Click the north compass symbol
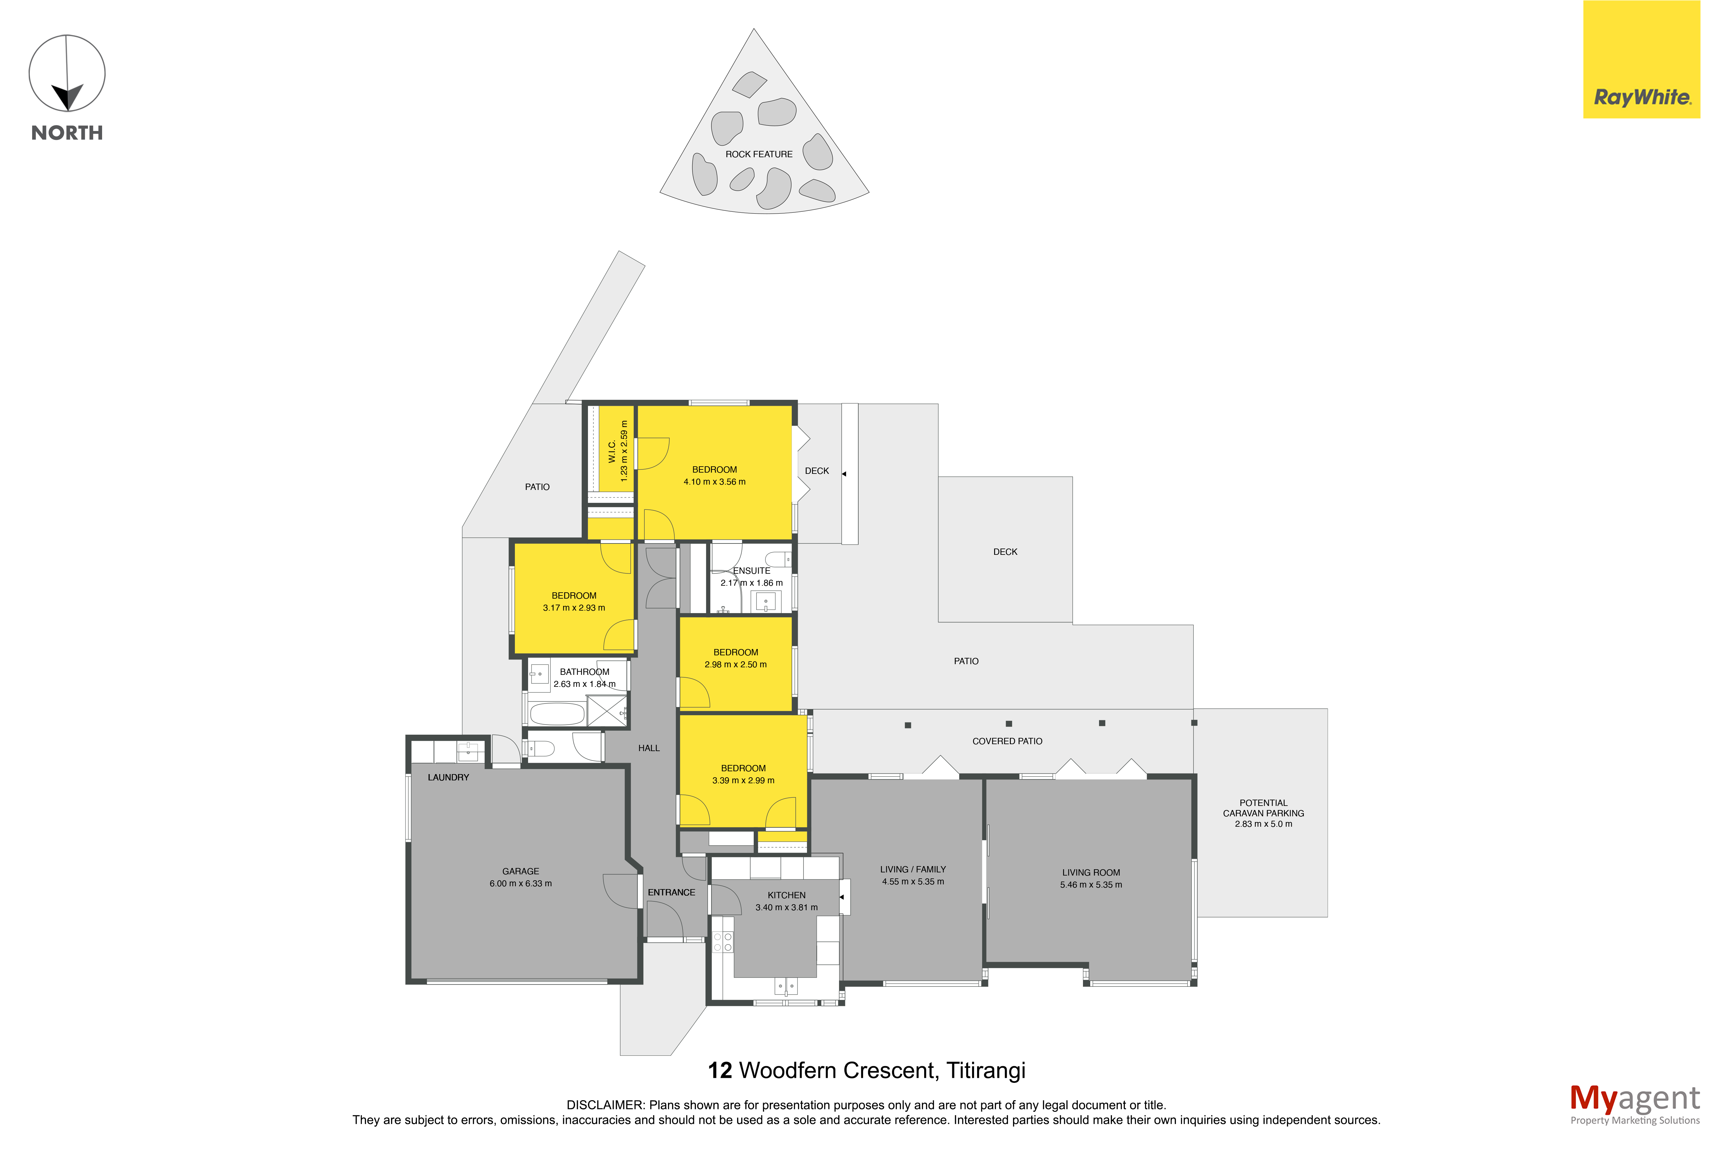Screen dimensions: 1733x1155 click(67, 74)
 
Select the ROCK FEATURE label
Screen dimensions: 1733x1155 click(759, 154)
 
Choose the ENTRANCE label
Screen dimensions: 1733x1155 click(671, 892)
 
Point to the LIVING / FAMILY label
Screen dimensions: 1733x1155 click(913, 869)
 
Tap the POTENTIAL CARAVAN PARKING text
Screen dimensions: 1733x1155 click(1263, 808)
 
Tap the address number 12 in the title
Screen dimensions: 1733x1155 click(720, 1070)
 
